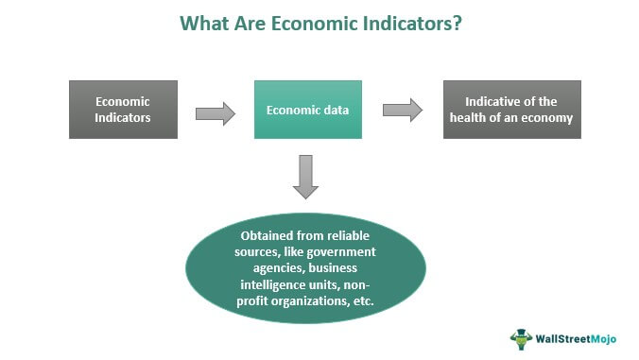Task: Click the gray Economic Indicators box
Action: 123,110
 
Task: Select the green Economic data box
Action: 307,110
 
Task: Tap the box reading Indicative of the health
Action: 511,110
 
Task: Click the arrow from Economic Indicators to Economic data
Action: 215,113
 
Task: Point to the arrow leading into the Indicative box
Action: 402,110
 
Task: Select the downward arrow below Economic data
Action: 306,177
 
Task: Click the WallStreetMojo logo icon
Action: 521,338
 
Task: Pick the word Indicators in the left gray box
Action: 123,118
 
